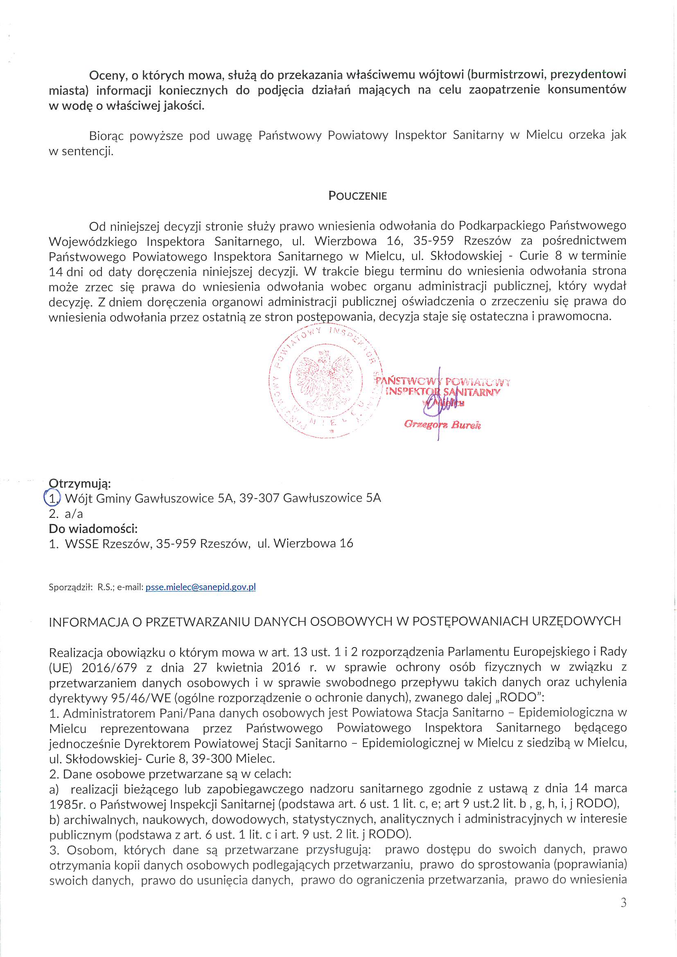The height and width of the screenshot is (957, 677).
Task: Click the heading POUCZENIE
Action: (357, 196)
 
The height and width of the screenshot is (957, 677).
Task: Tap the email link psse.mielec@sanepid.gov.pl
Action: (200, 587)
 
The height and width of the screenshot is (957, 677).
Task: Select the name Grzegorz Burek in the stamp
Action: (442, 425)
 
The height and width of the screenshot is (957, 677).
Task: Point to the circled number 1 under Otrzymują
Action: (52, 498)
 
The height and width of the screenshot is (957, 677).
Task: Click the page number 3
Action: (623, 903)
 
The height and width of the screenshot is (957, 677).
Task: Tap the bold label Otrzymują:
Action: (80, 483)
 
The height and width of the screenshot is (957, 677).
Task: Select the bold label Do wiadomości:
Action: (93, 528)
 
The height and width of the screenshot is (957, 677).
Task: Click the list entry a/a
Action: (74, 514)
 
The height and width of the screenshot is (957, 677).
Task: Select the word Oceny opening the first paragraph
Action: (107, 75)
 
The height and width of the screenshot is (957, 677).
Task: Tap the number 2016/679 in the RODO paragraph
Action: (109, 667)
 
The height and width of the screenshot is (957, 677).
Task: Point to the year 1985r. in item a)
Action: (67, 804)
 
